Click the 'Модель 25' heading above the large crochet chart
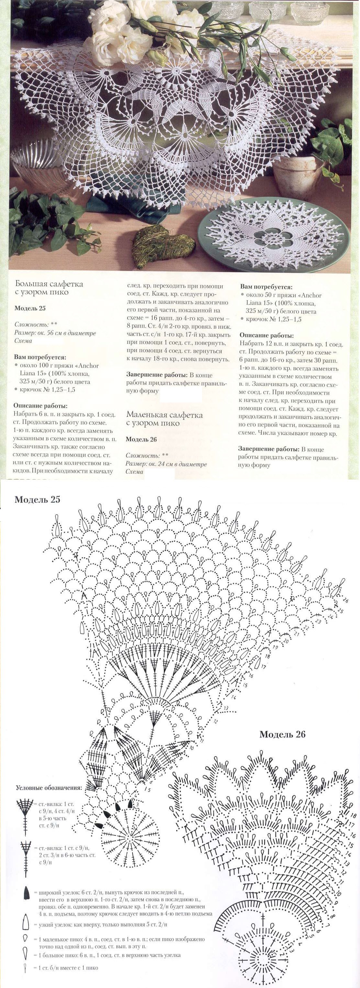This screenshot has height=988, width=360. [37, 500]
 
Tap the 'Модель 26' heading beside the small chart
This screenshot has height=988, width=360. [282, 734]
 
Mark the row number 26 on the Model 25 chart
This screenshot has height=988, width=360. [346, 600]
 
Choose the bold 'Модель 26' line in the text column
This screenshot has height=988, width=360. [141, 439]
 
